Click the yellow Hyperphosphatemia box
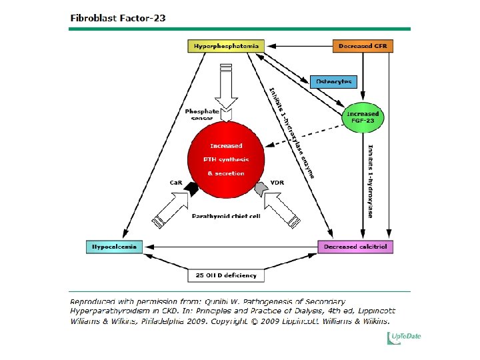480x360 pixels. (225, 46)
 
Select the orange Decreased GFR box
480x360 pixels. (363, 46)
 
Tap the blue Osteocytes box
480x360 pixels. (333, 81)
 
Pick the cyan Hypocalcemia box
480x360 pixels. (114, 247)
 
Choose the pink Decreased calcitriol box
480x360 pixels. (355, 247)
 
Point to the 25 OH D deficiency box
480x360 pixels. (225, 275)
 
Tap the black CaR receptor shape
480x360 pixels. (193, 189)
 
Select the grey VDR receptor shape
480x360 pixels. (259, 190)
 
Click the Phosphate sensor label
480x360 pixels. (200, 114)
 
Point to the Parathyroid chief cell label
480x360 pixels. (225, 216)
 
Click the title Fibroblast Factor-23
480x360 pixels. (118, 18)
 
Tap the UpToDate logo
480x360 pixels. (405, 337)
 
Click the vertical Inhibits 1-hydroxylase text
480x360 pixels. (370, 180)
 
